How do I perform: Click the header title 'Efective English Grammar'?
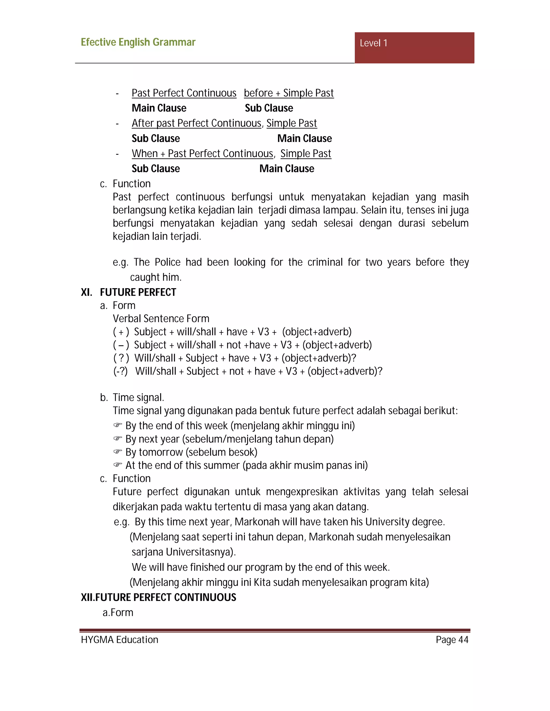tap(138, 42)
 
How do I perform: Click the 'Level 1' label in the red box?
tap(373, 43)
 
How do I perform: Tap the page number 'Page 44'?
tap(452, 640)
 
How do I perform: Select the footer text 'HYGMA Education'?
tap(120, 640)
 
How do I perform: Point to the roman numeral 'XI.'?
tap(86, 292)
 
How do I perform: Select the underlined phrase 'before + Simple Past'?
tap(289, 93)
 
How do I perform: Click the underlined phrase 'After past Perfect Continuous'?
tap(197, 123)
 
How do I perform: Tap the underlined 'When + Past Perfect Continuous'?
tap(202, 154)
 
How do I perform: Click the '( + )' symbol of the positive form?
tap(121, 332)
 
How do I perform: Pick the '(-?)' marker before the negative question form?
tap(120, 371)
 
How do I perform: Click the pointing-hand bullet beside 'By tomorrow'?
tap(118, 452)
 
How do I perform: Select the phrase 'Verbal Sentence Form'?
tap(161, 319)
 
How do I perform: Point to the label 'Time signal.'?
tap(138, 398)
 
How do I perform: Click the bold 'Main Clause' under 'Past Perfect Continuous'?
tap(159, 108)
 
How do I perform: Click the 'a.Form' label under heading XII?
tap(118, 613)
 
